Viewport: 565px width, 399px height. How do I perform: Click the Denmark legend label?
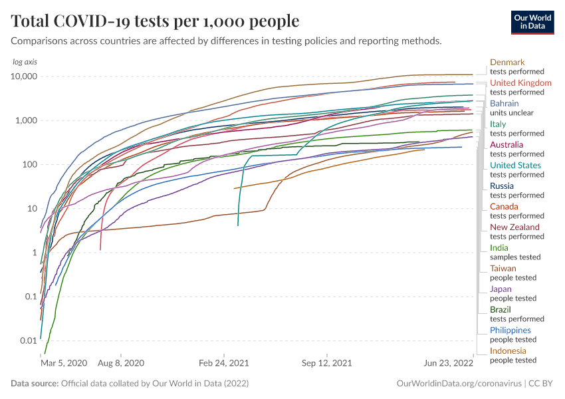(x=507, y=63)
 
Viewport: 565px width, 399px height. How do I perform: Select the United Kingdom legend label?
(x=520, y=83)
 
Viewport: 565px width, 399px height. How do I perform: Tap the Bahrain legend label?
(x=504, y=104)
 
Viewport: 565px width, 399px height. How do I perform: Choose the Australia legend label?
(x=507, y=145)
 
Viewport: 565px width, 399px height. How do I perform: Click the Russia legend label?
(x=501, y=186)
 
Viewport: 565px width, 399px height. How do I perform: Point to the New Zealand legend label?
(x=514, y=227)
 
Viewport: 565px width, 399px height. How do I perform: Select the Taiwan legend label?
(x=503, y=269)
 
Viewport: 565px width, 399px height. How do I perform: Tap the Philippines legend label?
(x=510, y=331)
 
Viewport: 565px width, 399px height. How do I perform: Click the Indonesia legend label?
(x=508, y=351)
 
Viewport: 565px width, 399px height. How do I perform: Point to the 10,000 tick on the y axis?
(x=25, y=76)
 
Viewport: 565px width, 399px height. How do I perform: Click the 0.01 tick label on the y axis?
(x=27, y=340)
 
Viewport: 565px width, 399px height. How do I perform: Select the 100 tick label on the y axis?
(x=29, y=164)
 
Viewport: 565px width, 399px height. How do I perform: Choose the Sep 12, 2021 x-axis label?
(x=326, y=364)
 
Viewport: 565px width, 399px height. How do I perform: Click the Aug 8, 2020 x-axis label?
(x=120, y=364)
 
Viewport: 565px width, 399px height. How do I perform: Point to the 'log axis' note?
(x=25, y=62)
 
